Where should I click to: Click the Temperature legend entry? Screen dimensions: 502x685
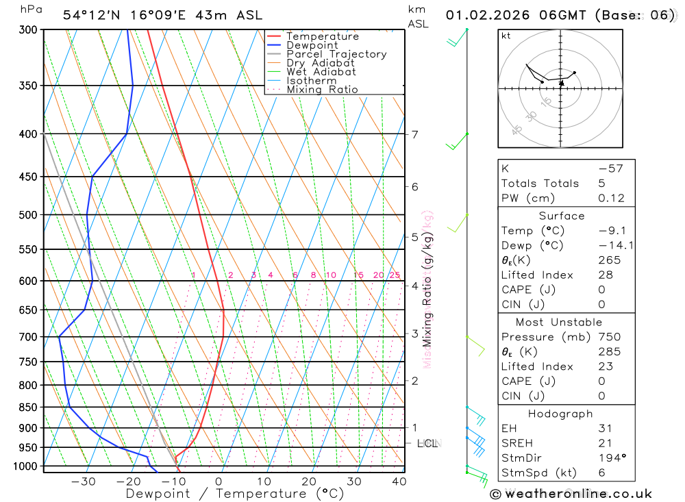[322, 36]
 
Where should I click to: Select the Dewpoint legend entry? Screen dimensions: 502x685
[312, 45]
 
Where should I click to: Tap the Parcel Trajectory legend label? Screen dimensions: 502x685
[336, 54]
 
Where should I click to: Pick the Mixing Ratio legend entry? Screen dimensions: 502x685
[322, 90]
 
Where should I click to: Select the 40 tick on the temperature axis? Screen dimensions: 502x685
[399, 481]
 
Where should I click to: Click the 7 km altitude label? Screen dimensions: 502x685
[414, 134]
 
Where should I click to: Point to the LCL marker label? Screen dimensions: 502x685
[427, 444]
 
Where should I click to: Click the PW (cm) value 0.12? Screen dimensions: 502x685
[611, 199]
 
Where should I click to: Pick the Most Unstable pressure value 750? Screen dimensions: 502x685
[610, 337]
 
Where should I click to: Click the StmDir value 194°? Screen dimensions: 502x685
[610, 457]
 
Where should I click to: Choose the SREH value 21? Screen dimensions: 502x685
[606, 442]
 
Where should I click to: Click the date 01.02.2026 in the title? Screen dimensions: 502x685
[482, 15]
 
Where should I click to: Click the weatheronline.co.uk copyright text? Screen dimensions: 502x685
[571, 494]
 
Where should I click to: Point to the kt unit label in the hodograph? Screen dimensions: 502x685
[506, 36]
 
